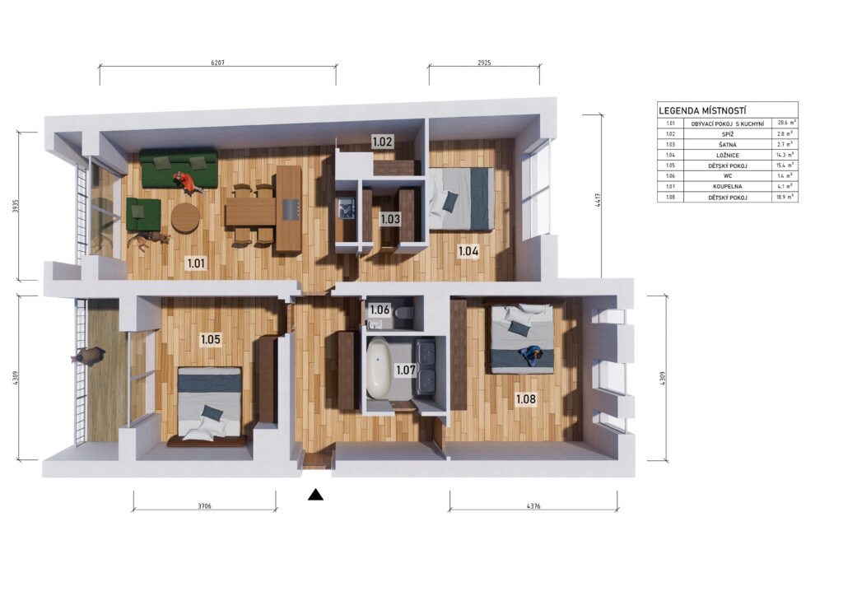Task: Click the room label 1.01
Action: pos(196,263)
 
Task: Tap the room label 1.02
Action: pos(382,142)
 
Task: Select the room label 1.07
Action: pos(405,370)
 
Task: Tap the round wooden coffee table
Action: pos(185,217)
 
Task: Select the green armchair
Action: pos(143,214)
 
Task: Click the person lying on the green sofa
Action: pos(189,183)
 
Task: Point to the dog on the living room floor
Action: pos(148,239)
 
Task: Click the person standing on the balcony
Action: pos(88,356)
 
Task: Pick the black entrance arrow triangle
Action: pos(315,495)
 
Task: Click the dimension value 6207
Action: pos(217,63)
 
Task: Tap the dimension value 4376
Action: pos(533,505)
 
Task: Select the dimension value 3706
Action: pos(204,505)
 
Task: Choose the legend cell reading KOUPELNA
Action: pos(728,187)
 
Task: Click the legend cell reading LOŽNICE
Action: pos(728,156)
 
